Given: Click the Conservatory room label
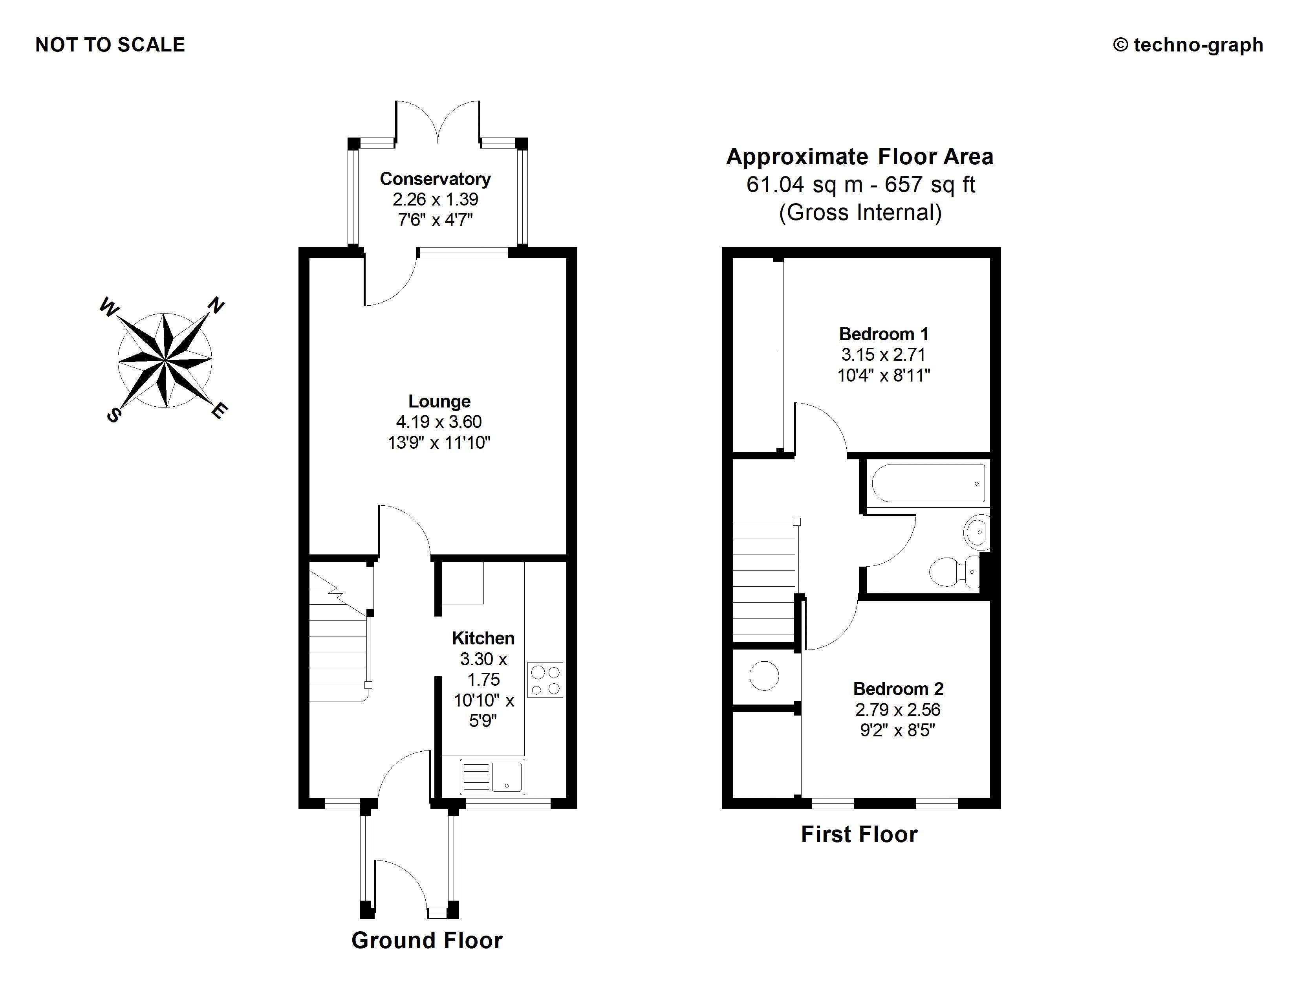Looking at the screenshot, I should pos(435,179).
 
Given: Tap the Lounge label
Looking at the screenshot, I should pos(439,401).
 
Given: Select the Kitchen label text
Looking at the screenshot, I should pos(483,638).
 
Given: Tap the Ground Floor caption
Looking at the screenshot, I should pos(427,941).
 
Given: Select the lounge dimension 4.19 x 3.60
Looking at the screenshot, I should pos(439,422).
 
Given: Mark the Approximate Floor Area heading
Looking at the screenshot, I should pos(860,157).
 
